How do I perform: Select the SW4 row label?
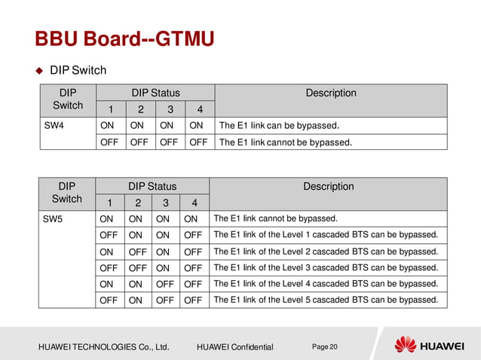tap(53, 125)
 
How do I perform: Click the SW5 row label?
tap(53, 219)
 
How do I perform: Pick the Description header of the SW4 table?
tap(330, 93)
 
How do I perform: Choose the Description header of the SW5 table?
tap(328, 186)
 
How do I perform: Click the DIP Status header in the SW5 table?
tap(152, 186)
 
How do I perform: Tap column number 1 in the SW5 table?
tap(109, 203)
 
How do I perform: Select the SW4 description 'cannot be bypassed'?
tap(285, 142)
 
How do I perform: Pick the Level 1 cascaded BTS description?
tap(326, 235)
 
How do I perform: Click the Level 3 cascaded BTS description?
tap(326, 267)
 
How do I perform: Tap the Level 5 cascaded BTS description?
tap(326, 300)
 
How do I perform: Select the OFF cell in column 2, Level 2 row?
tap(136, 252)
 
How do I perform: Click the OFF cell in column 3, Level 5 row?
tap(165, 300)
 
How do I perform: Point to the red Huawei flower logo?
tap(406, 345)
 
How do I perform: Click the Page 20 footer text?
tap(325, 346)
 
